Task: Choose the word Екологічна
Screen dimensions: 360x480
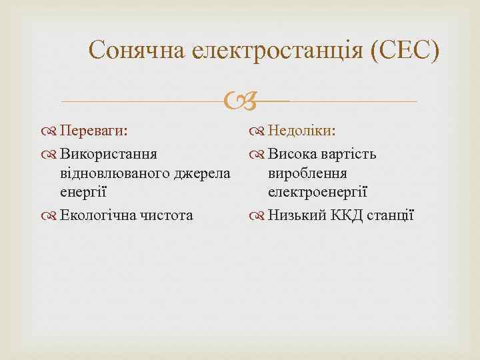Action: [x=96, y=215]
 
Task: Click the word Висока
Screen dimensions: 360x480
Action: [x=295, y=155]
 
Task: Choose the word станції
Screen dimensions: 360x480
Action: [x=391, y=215]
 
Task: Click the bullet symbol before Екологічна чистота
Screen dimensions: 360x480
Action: [x=52, y=215]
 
